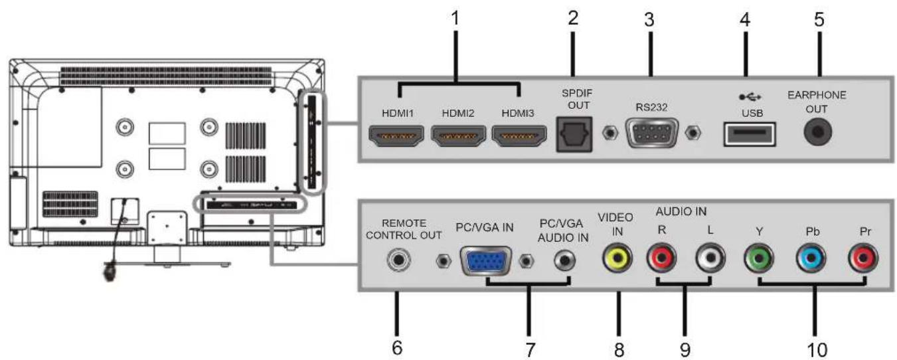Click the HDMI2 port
(458, 135)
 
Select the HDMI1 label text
(397, 114)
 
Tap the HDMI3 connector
(519, 135)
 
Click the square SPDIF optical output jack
(574, 135)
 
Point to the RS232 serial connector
(651, 134)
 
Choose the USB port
(749, 134)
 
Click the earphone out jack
(817, 132)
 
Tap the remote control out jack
(399, 260)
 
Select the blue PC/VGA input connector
(486, 261)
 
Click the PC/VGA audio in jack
(564, 260)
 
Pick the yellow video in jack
(617, 258)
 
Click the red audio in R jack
(661, 258)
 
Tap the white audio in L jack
(710, 258)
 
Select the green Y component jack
(759, 258)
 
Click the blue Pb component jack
(811, 258)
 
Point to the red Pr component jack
(863, 258)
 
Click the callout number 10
(817, 350)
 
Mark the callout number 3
(649, 19)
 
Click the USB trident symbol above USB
(750, 97)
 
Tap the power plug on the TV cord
(110, 272)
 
